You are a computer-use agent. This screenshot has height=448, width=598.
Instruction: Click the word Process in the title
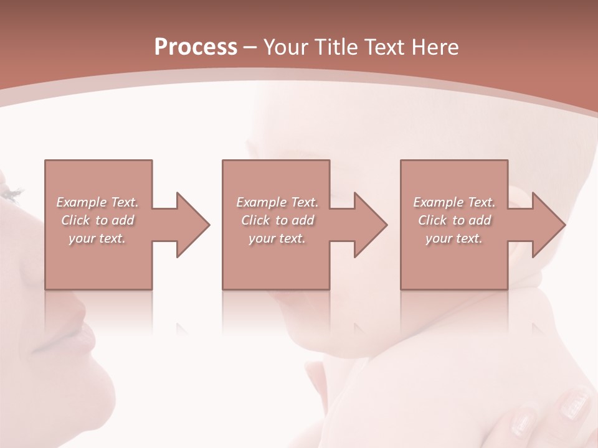(x=196, y=47)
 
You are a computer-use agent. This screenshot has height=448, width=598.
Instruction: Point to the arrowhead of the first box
(x=193, y=225)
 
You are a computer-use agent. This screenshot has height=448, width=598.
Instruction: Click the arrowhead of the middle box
(x=371, y=225)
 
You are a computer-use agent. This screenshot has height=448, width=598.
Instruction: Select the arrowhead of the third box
(x=549, y=225)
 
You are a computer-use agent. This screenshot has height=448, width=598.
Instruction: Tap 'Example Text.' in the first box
(x=97, y=202)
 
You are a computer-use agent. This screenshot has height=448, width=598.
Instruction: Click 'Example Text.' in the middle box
(x=277, y=202)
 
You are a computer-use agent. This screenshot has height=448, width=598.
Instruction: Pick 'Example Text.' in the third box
(x=454, y=202)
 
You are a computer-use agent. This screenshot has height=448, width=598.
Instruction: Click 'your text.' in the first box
(x=97, y=238)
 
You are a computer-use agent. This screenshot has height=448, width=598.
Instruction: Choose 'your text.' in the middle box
(x=277, y=238)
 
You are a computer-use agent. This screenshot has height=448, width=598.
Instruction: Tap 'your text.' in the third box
(x=454, y=238)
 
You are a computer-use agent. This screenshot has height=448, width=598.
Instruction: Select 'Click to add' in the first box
(x=97, y=220)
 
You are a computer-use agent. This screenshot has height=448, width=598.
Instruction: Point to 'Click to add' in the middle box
(x=277, y=220)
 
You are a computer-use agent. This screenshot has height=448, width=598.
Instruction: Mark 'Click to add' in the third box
(x=454, y=220)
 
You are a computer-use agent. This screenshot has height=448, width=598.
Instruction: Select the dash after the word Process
(x=250, y=47)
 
